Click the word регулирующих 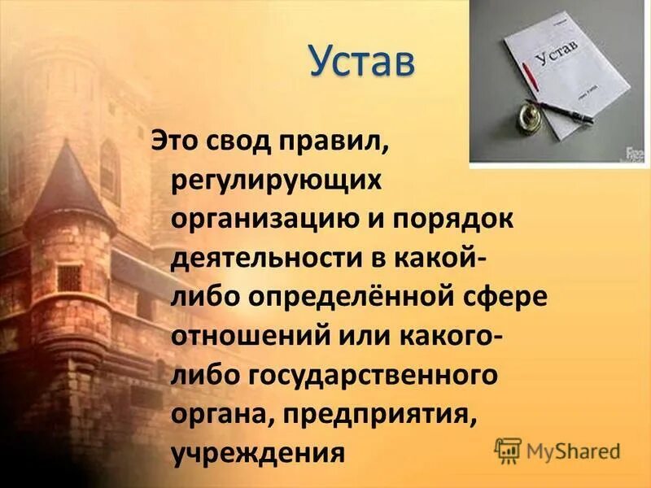point(276,181)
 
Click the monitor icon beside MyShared point(508,449)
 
